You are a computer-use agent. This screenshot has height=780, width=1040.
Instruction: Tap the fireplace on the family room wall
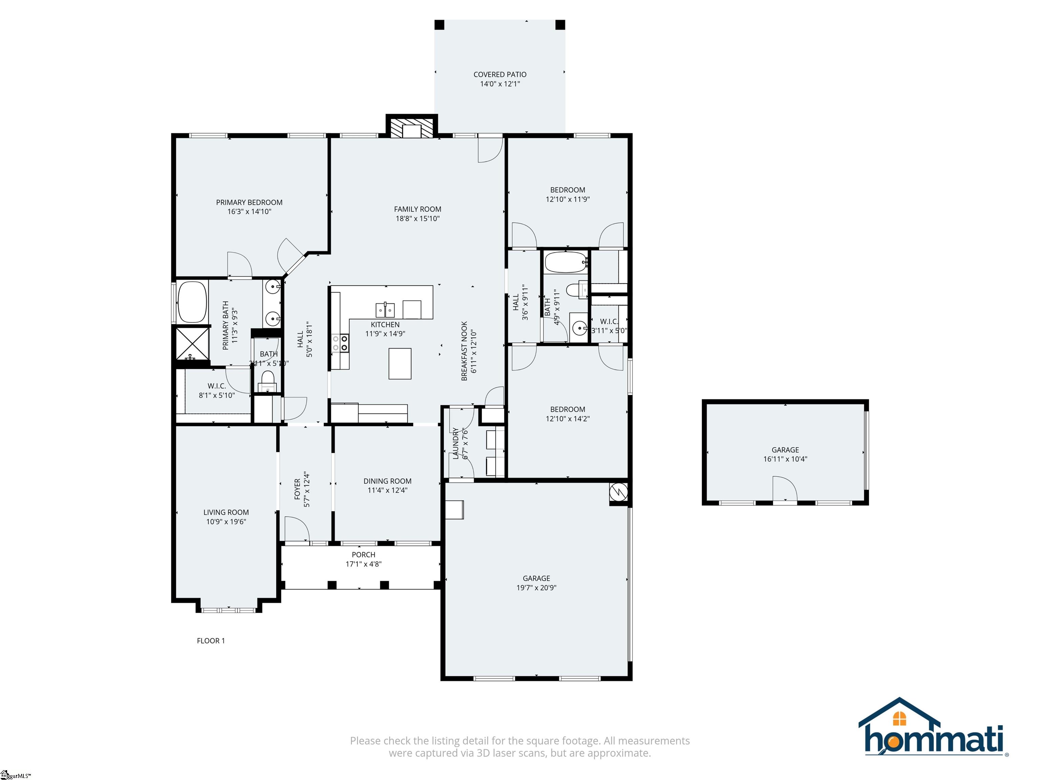[x=411, y=127]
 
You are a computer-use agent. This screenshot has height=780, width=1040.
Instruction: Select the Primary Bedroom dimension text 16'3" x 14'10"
[x=249, y=212]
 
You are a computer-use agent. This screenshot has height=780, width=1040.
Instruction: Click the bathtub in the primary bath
[x=192, y=302]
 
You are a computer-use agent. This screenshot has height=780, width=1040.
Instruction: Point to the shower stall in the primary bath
[x=192, y=344]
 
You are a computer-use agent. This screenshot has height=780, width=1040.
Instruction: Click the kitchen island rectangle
[x=400, y=364]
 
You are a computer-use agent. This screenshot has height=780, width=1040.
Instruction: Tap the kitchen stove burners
[x=340, y=343]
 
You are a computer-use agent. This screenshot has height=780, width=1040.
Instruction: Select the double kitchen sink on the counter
[x=385, y=310]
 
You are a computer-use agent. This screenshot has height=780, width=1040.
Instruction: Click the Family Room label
[x=418, y=210]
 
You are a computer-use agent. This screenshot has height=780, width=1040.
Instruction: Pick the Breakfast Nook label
[x=465, y=351]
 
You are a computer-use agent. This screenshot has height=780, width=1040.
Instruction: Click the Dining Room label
[x=387, y=481]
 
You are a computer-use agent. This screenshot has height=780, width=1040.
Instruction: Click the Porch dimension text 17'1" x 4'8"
[x=363, y=564]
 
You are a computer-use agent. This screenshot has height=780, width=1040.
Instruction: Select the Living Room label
[x=226, y=513]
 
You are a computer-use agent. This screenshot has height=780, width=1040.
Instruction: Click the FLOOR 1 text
[x=211, y=641]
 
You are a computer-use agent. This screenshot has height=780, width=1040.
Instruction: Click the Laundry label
[x=455, y=443]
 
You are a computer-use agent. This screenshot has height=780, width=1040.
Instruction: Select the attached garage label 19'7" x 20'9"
[x=536, y=588]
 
